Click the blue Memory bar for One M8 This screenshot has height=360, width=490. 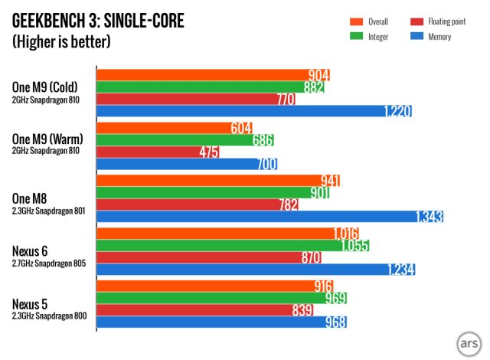[x=268, y=217]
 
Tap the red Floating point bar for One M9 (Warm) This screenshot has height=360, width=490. [x=157, y=152]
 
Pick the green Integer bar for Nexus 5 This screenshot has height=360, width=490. [x=222, y=298]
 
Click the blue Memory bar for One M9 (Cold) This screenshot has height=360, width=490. [x=253, y=111]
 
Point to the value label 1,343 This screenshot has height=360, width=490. [x=429, y=217]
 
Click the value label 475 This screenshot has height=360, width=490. [x=207, y=152]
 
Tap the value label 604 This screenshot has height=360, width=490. [x=242, y=128]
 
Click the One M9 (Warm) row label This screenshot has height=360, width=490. [x=47, y=139]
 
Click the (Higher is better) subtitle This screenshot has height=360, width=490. [x=61, y=41]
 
